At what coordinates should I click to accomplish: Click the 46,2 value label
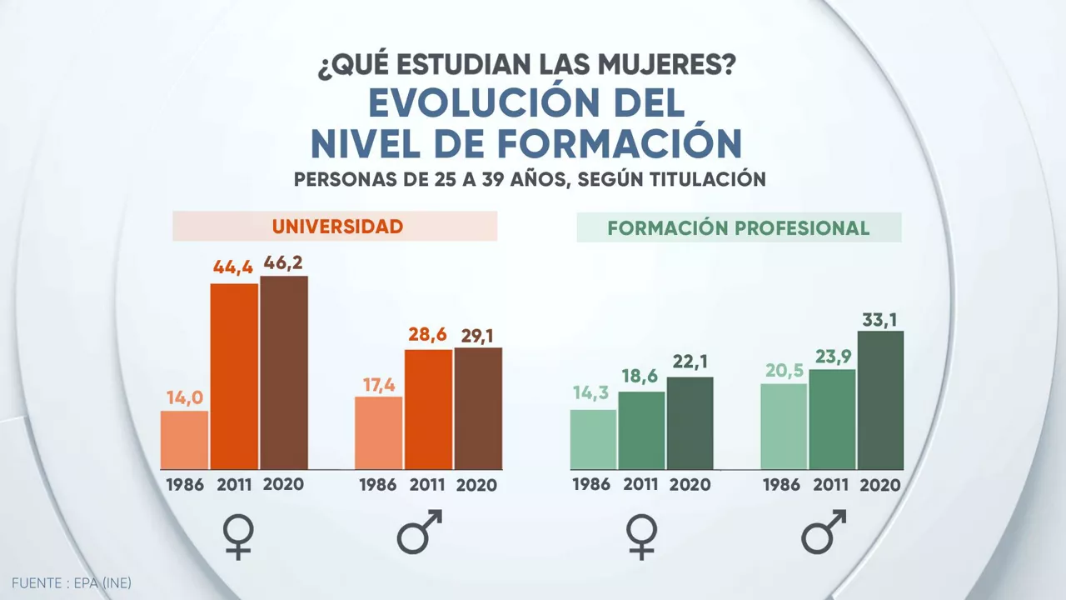pyautogui.click(x=283, y=262)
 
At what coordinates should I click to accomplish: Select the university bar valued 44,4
pyautogui.click(x=234, y=376)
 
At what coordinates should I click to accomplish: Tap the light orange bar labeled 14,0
pyautogui.click(x=184, y=439)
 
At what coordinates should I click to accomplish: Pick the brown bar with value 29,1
pyautogui.click(x=478, y=408)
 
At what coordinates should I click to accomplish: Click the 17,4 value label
pyautogui.click(x=379, y=385)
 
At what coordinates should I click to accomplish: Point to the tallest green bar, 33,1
pyautogui.click(x=880, y=400)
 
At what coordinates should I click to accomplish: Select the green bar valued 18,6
pyautogui.click(x=641, y=430)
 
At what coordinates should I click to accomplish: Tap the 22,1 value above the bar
pyautogui.click(x=690, y=363)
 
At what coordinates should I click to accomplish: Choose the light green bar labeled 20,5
pyautogui.click(x=784, y=426)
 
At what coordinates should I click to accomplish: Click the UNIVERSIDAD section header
pyautogui.click(x=336, y=227)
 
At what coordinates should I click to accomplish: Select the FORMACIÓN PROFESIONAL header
pyautogui.click(x=739, y=228)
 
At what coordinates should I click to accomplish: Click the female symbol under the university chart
pyautogui.click(x=239, y=535)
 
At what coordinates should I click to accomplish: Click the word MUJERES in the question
pyautogui.click(x=657, y=64)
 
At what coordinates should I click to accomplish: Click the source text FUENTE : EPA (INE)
pyautogui.click(x=72, y=583)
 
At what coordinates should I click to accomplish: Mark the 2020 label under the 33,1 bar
pyautogui.click(x=880, y=485)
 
